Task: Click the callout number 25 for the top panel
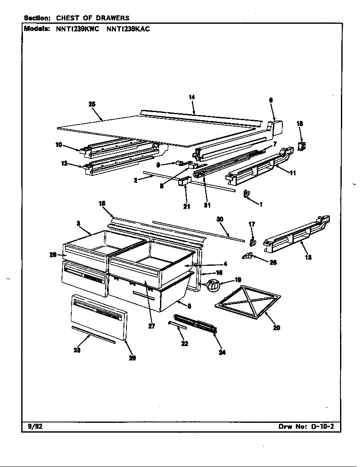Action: [x=92, y=104]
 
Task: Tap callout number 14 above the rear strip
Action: [x=191, y=97]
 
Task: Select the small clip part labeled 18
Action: [x=302, y=146]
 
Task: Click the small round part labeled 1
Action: [x=246, y=195]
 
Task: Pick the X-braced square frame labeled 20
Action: [x=248, y=302]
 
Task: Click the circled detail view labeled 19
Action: [x=214, y=286]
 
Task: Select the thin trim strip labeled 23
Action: [x=93, y=334]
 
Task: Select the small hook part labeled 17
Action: [x=252, y=242]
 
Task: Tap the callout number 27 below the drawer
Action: [x=152, y=326]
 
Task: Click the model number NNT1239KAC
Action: [x=128, y=29]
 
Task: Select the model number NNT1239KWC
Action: [x=77, y=29]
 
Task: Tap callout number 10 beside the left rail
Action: [x=59, y=145]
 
